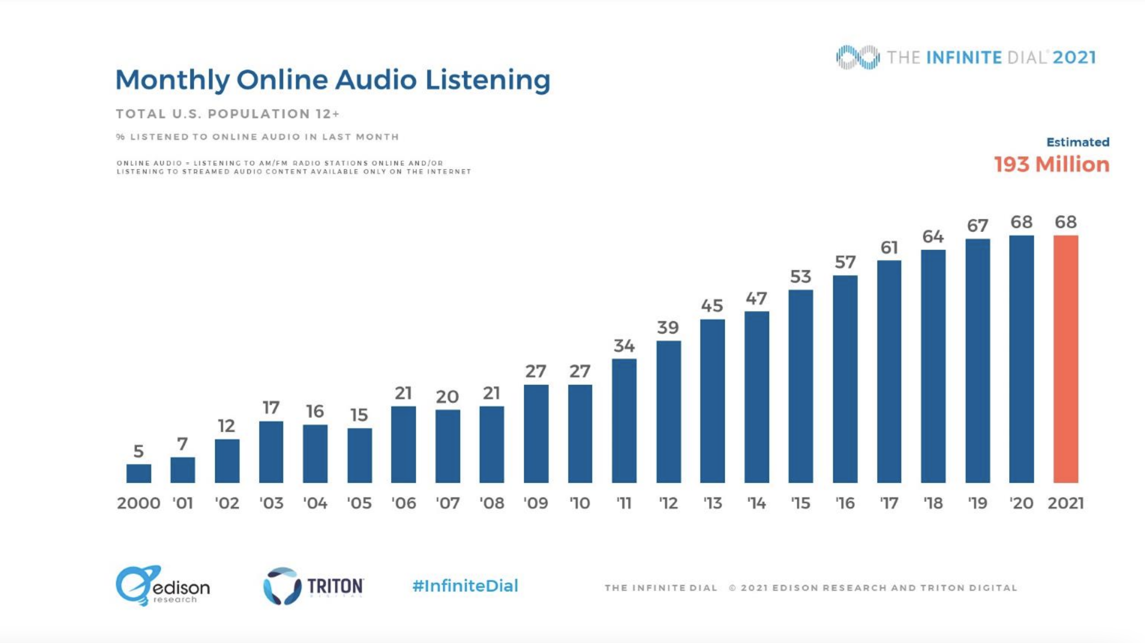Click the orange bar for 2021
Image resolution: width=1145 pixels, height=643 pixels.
[1066, 359]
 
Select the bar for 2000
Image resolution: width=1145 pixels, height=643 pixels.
[138, 473]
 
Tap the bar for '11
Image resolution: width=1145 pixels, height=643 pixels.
[624, 421]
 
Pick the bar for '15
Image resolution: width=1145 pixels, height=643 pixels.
[800, 386]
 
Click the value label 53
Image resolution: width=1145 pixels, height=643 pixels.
[800, 277]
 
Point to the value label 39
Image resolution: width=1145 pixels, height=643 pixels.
[668, 328]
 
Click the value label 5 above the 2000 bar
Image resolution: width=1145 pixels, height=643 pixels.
[138, 451]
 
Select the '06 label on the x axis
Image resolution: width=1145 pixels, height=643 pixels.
[404, 503]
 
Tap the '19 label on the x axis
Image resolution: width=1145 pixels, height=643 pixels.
[977, 503]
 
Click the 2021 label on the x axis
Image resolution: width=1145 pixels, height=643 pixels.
[1066, 503]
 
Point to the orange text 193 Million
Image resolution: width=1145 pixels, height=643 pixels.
[1051, 164]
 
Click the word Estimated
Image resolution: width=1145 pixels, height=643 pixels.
[1077, 142]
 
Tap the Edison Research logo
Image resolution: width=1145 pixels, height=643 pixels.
[162, 586]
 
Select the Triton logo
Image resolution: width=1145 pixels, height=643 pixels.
[313, 586]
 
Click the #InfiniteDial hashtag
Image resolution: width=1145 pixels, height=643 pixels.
[465, 586]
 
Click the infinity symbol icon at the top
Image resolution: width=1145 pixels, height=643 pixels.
[857, 57]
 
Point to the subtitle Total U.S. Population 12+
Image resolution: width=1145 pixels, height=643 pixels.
[227, 114]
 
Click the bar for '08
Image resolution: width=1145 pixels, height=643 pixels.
[492, 444]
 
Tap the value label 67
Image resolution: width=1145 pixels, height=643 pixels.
[977, 226]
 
